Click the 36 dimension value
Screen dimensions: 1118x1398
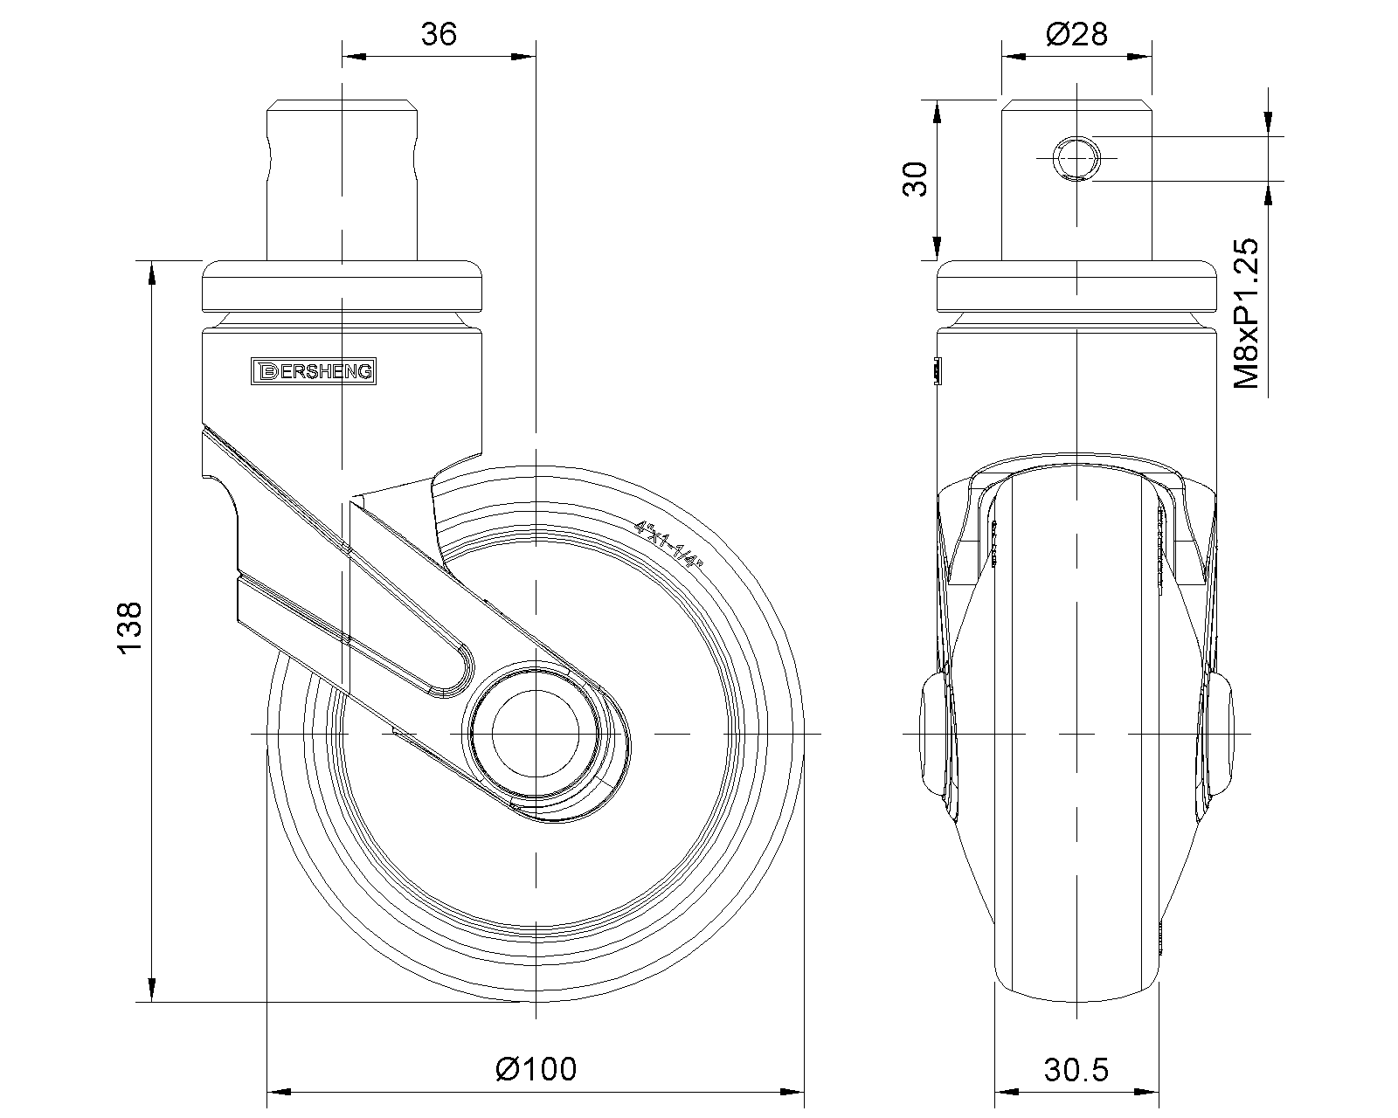coord(439,35)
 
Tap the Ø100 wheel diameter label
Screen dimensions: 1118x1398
coord(535,1068)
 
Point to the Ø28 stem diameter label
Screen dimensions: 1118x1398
coord(1076,34)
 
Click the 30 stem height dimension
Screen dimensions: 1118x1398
coord(914,179)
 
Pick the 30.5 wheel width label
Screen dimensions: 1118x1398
coord(1076,1068)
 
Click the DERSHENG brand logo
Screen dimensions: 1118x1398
coord(312,371)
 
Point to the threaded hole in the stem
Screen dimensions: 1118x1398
coord(1076,158)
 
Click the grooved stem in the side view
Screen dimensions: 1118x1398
coord(342,180)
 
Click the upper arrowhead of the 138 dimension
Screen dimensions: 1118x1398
coord(152,272)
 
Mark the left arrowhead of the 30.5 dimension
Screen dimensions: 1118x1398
coord(1007,1091)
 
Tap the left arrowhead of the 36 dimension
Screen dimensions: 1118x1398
coord(352,58)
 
